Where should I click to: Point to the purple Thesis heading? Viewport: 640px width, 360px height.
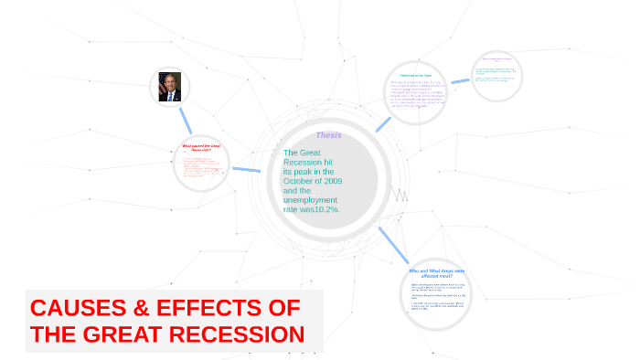click(x=328, y=135)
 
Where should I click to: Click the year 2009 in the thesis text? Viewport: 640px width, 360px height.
click(x=326, y=181)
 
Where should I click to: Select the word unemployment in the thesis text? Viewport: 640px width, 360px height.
click(x=310, y=200)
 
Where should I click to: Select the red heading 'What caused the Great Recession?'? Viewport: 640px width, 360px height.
click(x=201, y=147)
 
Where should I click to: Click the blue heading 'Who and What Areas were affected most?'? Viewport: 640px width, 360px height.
click(x=436, y=273)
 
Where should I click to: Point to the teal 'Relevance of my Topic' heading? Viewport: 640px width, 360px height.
click(x=416, y=75)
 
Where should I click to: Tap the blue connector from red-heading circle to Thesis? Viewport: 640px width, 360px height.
click(x=246, y=169)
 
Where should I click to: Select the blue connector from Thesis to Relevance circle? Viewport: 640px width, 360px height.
click(x=382, y=123)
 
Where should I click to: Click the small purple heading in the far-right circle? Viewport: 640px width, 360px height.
click(x=496, y=59)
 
